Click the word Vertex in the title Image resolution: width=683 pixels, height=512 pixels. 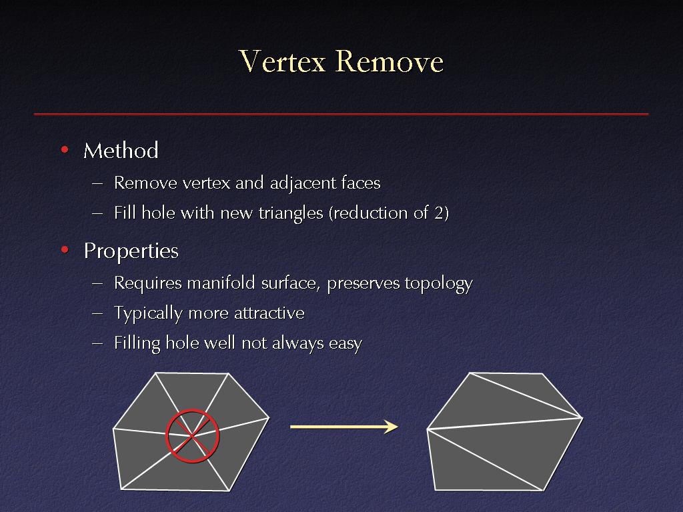282,61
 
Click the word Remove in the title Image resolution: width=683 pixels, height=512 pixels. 390,61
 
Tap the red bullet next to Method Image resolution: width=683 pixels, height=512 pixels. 65,150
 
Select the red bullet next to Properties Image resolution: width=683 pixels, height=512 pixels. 65,250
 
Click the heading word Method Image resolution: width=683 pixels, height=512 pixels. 121,151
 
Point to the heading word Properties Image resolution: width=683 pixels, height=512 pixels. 131,251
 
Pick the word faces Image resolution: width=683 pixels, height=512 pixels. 361,183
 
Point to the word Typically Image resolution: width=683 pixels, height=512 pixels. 148,313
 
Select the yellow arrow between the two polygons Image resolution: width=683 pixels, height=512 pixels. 344,427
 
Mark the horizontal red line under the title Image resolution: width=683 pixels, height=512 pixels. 341,114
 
